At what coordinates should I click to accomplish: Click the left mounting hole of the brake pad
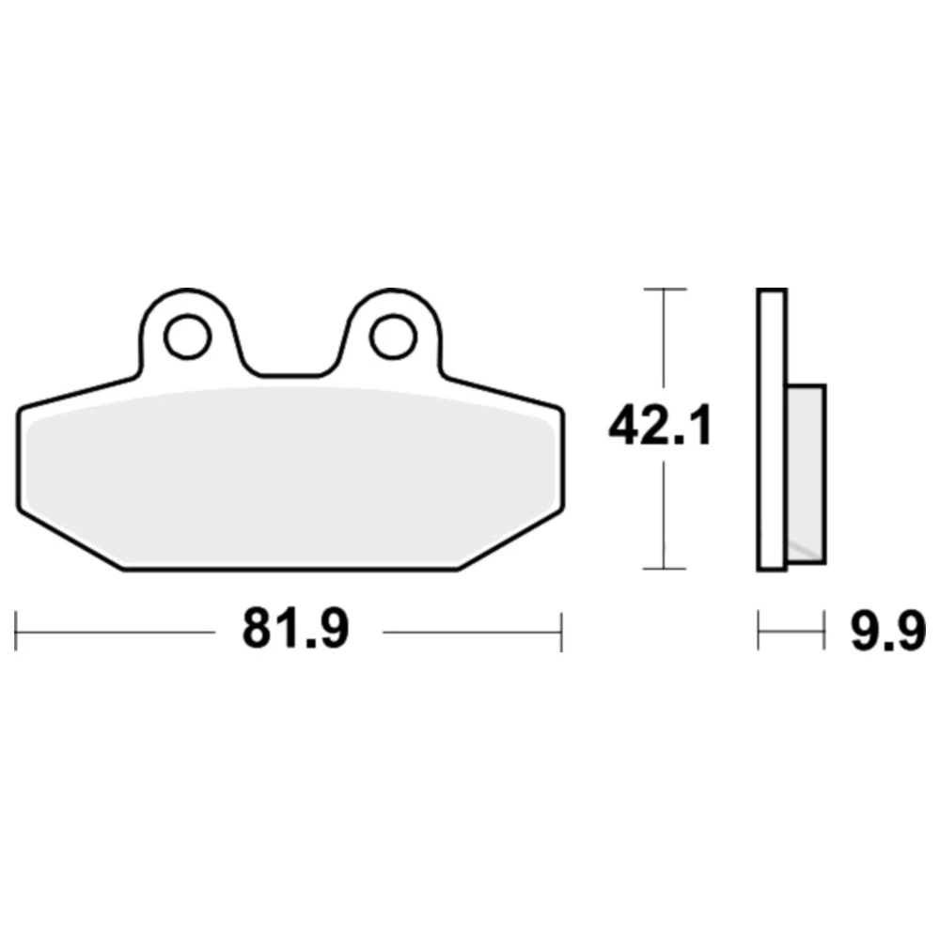point(188,337)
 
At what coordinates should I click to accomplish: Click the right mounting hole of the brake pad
point(394,337)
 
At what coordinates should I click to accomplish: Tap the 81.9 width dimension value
point(295,630)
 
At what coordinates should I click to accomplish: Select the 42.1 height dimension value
point(660,426)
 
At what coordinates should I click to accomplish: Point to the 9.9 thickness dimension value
point(888,630)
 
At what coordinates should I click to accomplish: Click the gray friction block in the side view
point(807,474)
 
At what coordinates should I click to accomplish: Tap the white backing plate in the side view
point(772,430)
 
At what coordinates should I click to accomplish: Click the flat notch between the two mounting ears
point(290,376)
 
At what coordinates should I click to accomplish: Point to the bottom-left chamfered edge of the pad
point(70,540)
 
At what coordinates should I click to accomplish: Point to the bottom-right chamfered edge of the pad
point(510,540)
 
